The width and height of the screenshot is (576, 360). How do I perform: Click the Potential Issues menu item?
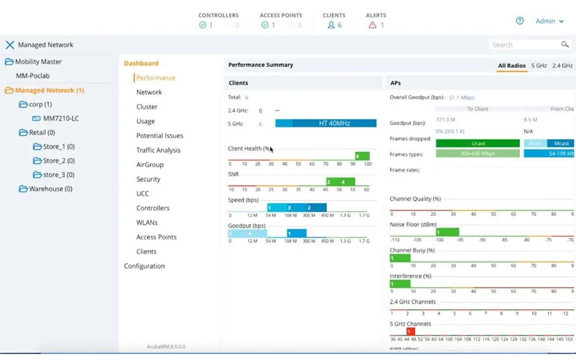point(160,136)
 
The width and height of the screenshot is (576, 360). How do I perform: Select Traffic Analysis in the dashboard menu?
point(158,150)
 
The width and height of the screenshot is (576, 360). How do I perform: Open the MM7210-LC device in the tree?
point(61,118)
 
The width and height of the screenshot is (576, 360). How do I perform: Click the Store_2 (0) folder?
point(58,161)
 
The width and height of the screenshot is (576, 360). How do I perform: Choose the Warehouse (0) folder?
point(50,188)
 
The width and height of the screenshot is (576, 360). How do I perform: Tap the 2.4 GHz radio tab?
point(562,65)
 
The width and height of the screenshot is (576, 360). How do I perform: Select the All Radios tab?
point(511,65)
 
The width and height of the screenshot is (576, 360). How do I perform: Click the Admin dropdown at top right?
point(550,21)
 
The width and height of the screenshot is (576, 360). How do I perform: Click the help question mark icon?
point(520,21)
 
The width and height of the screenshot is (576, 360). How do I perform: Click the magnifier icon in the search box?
point(565,44)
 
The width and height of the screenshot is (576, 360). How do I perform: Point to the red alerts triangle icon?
point(373,25)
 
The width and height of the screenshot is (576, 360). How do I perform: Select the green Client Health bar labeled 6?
point(362,156)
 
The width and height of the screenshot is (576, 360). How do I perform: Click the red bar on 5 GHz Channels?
point(410,331)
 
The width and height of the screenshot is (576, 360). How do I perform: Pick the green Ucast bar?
point(478,143)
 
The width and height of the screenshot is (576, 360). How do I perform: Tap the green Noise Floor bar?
point(447,232)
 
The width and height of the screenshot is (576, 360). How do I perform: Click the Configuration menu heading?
point(144,266)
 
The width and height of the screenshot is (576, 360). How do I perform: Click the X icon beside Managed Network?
point(10,45)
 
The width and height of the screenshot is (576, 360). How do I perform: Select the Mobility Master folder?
point(38,61)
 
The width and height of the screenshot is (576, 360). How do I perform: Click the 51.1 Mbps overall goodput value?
point(461,97)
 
